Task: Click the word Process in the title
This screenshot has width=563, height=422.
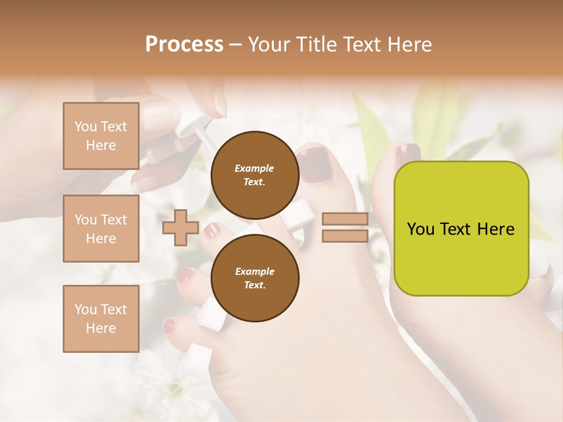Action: pos(184,44)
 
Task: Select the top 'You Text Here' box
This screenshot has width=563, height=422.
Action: pos(101,136)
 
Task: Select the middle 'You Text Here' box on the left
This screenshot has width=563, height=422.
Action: pos(101,229)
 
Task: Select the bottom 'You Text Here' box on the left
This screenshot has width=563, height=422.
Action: pos(101,319)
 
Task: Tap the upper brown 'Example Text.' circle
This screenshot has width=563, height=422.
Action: pos(255,175)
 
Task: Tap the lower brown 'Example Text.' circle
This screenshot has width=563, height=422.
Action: pos(255,278)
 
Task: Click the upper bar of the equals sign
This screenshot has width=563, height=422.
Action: pos(345,219)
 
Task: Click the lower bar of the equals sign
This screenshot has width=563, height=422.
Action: pos(345,236)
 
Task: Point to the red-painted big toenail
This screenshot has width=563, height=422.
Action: pos(314,164)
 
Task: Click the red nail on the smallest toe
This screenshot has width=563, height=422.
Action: pos(169,325)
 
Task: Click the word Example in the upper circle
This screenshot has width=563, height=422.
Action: pos(254,168)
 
